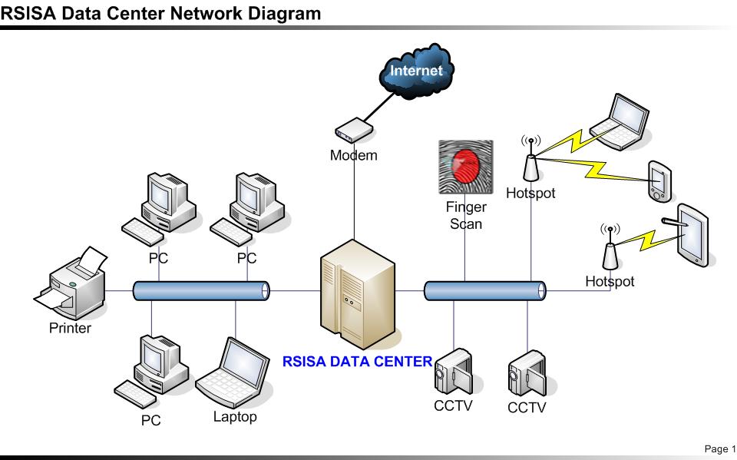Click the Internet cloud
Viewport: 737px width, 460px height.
417,71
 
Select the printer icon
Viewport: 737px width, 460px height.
70,288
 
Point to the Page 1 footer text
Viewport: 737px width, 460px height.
719,448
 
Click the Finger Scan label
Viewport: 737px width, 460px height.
464,215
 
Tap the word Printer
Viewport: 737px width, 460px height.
70,329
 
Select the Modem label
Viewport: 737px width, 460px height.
353,155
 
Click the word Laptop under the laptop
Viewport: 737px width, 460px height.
235,417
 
